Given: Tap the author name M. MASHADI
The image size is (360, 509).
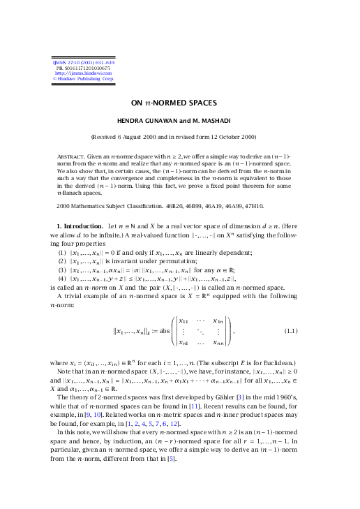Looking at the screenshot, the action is pyautogui.click(x=220, y=120).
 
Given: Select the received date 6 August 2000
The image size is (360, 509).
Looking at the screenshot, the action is pyautogui.click(x=158, y=137).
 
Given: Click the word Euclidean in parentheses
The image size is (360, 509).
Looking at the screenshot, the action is pyautogui.click(x=278, y=364).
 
